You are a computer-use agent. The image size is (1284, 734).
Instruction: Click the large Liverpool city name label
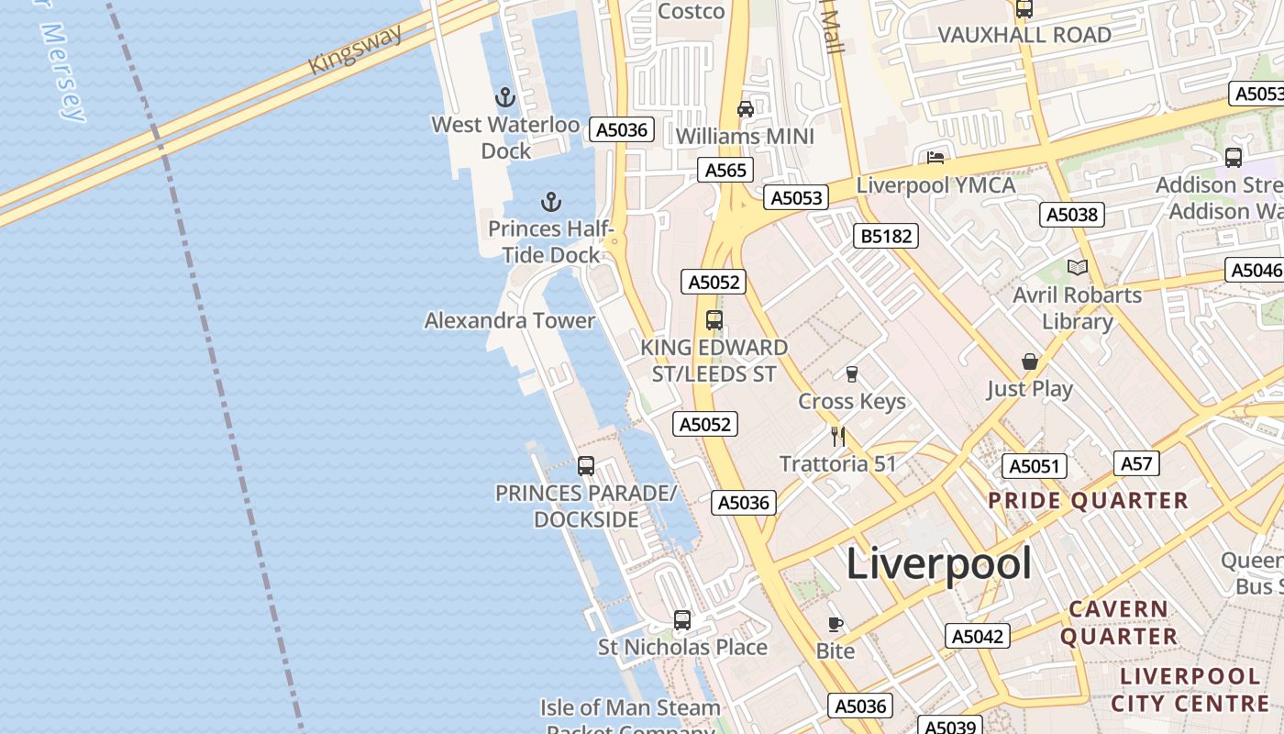[938, 562]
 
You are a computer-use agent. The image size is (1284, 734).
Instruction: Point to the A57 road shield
[1136, 463]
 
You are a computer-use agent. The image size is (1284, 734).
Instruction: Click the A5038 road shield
[1071, 215]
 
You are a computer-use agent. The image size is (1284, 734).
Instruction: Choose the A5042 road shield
[978, 636]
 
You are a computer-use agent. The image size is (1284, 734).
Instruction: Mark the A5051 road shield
[1034, 466]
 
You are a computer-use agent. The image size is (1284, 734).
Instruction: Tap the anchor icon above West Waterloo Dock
[504, 96]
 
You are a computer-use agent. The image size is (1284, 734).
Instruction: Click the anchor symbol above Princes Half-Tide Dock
[550, 201]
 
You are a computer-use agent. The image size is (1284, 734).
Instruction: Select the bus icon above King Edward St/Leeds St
[714, 320]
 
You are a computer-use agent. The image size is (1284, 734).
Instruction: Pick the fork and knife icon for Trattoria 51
[837, 436]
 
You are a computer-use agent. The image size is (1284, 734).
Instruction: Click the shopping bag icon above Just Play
[1030, 361]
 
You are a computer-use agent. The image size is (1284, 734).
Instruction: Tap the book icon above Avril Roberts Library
[1078, 268]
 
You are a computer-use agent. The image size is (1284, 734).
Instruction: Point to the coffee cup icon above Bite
[835, 624]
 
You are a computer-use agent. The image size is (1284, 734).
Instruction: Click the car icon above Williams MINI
[745, 109]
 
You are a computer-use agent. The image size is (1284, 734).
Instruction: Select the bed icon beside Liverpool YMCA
[935, 158]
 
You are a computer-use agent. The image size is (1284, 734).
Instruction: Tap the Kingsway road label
[355, 50]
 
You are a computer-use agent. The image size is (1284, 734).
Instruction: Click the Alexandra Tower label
[510, 320]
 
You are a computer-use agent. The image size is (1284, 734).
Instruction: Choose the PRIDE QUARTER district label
[1088, 501]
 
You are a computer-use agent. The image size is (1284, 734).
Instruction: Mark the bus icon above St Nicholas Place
[682, 619]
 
